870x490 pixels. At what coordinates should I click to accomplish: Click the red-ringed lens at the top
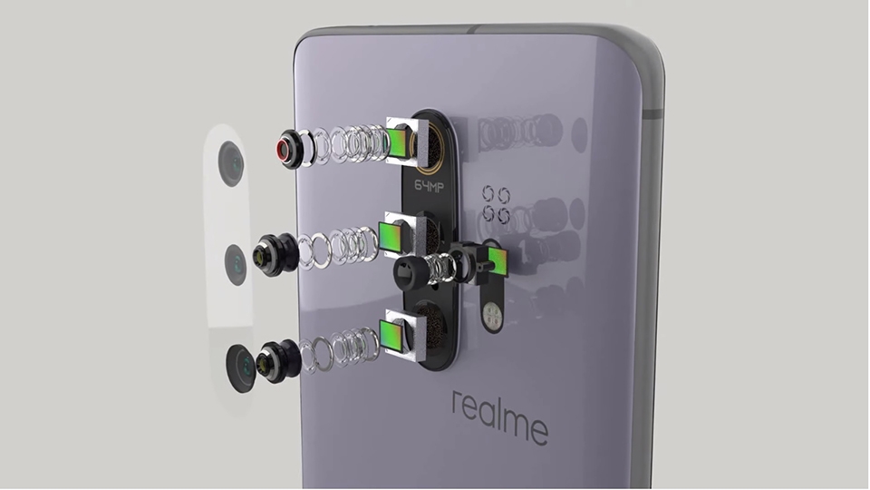[x=290, y=150]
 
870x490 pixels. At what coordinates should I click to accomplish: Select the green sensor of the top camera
[x=397, y=142]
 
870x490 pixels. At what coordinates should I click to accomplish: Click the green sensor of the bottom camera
[x=391, y=336]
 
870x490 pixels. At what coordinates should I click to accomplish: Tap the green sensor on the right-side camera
[x=497, y=261]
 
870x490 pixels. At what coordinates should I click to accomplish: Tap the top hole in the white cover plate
[x=231, y=163]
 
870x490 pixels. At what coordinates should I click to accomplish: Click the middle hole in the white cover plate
[x=236, y=264]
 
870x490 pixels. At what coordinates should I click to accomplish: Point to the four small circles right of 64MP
[x=497, y=204]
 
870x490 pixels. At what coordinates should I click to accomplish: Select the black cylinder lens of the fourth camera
[x=412, y=271]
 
